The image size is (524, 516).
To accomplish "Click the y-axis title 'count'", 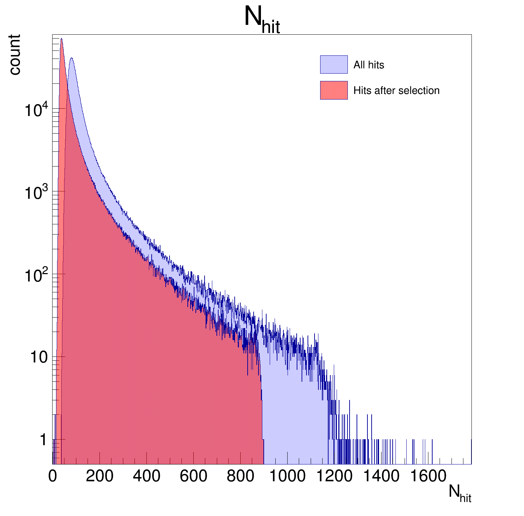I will (15, 55).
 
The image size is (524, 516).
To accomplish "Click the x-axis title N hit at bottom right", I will (460, 494).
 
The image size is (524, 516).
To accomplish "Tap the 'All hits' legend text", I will (368, 65).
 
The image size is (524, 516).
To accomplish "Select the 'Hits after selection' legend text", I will (396, 90).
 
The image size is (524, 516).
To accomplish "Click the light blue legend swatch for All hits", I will (333, 64).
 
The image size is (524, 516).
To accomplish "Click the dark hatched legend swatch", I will (333, 90).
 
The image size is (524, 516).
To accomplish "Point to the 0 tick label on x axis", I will (53, 476).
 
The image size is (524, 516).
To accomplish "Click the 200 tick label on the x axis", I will (99, 476).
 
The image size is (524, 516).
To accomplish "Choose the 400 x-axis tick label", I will (146, 476).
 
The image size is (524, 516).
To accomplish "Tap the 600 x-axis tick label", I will (193, 476).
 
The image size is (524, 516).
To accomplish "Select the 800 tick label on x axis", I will (240, 476).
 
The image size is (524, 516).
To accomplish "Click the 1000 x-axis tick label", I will (287, 476).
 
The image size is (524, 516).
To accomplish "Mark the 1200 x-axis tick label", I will (334, 476).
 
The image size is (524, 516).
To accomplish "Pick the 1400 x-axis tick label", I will (381, 476).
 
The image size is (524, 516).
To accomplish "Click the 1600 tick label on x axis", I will (428, 476).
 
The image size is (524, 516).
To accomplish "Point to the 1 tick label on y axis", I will (43, 440).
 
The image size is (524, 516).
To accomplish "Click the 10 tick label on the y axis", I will (39, 357).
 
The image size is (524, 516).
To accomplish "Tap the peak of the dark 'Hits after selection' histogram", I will (61, 39).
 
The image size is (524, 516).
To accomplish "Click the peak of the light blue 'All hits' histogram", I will (71, 59).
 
